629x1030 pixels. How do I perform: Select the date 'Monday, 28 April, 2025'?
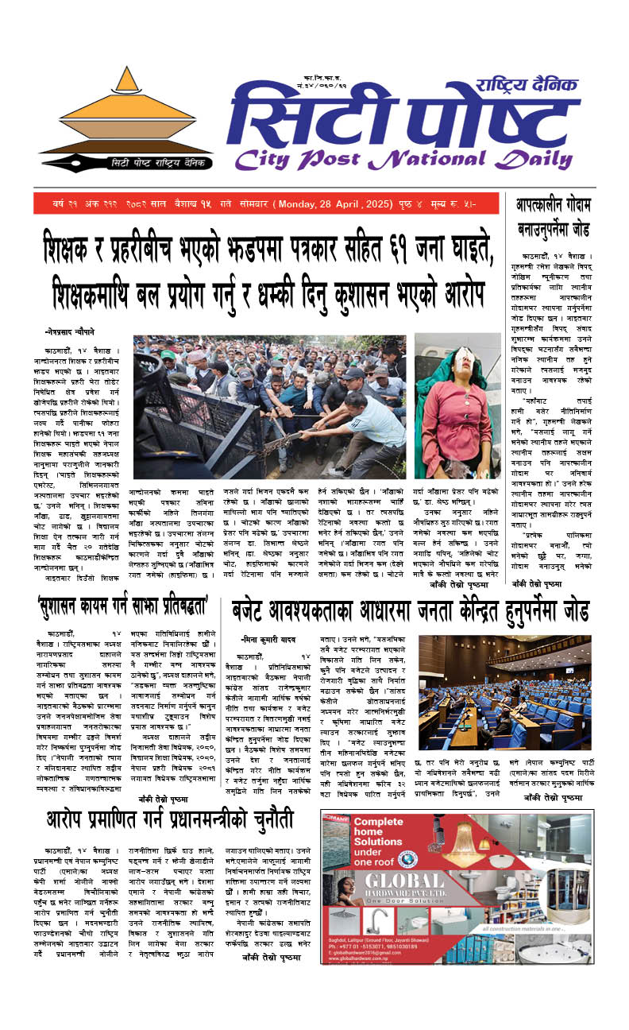click(x=333, y=204)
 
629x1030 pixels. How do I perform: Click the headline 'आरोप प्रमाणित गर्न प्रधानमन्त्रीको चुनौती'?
click(x=168, y=817)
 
